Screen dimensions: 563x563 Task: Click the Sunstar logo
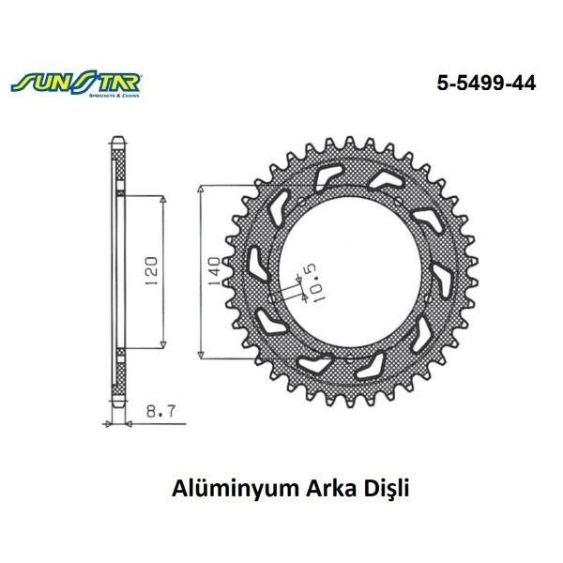point(77,84)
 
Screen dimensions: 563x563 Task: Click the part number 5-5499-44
point(485,84)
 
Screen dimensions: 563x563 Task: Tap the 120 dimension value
point(152,272)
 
